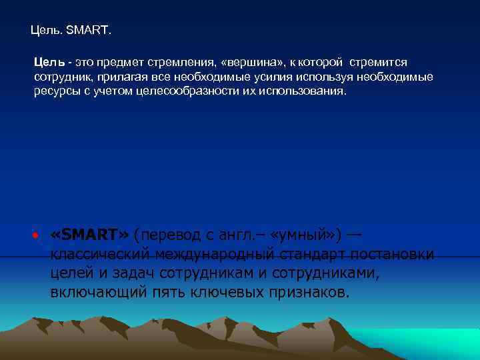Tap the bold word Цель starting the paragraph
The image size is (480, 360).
(x=49, y=62)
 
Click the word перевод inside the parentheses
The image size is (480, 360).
(x=167, y=235)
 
